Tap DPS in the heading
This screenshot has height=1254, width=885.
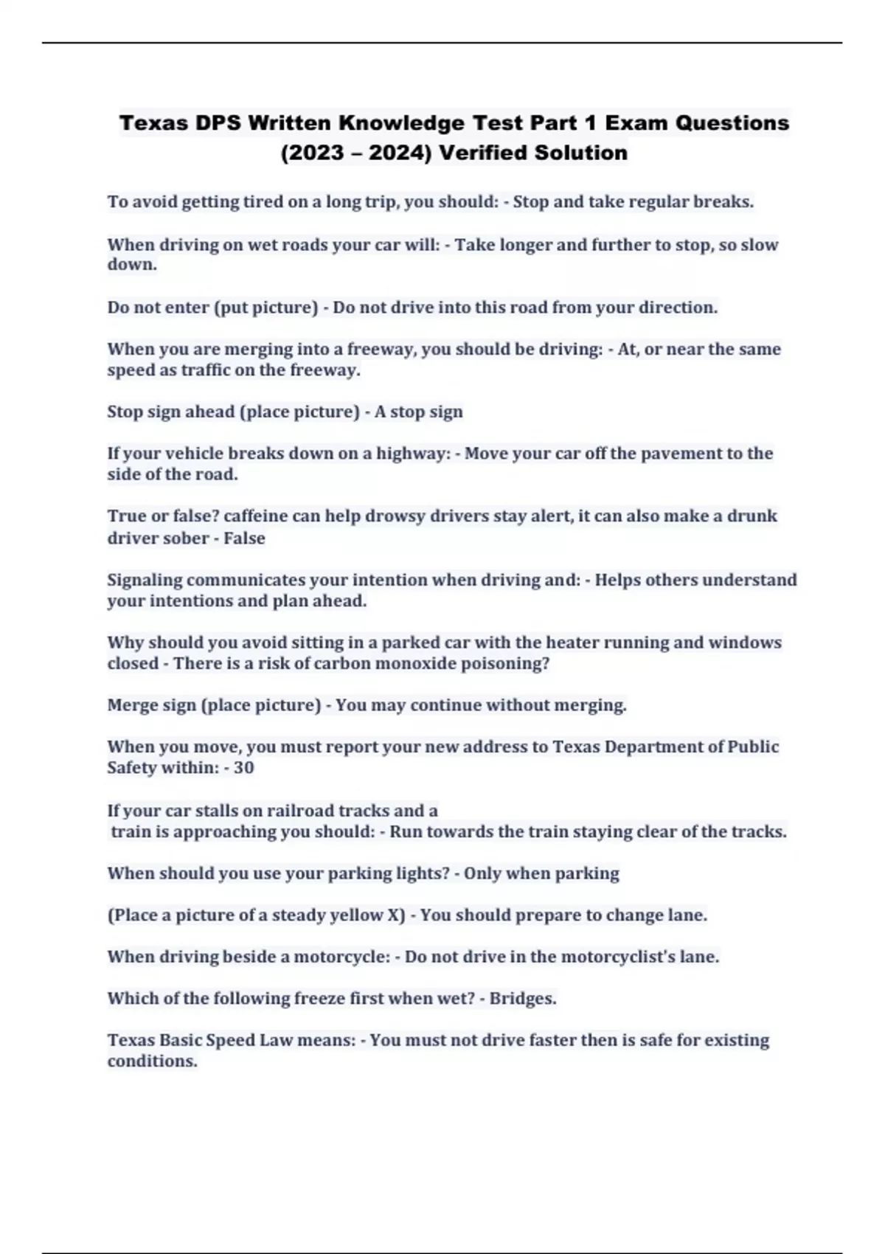point(219,122)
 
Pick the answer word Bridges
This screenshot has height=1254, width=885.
point(522,998)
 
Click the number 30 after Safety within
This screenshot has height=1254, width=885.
point(243,768)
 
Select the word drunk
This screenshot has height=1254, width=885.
point(752,516)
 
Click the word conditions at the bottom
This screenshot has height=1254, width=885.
point(152,1061)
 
